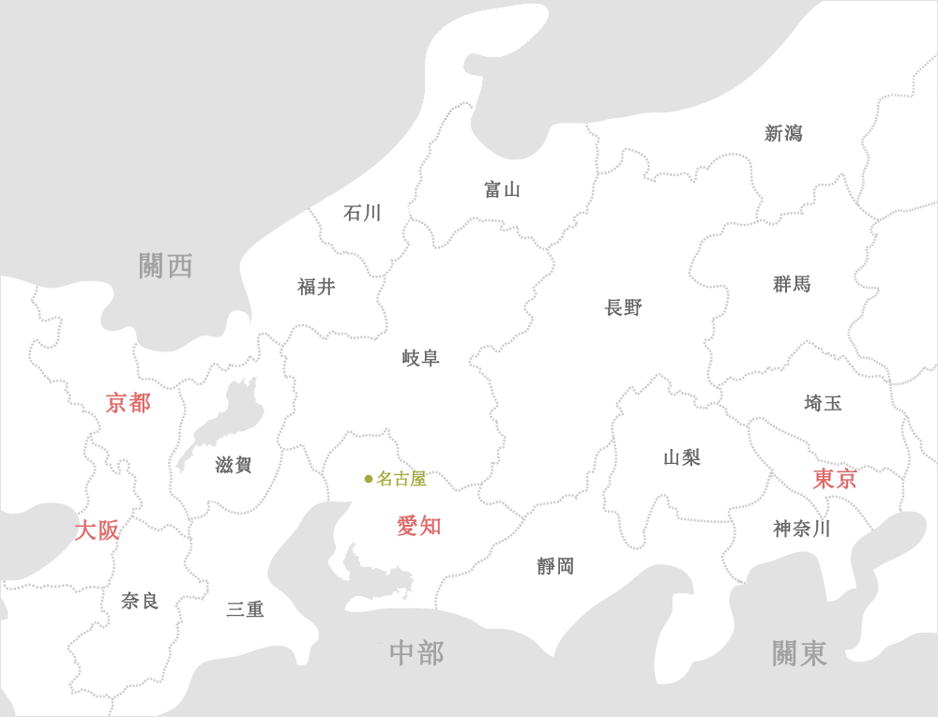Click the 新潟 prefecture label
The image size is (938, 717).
click(783, 134)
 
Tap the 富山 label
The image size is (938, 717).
click(502, 190)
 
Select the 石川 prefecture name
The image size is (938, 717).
click(362, 214)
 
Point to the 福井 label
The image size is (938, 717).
click(316, 288)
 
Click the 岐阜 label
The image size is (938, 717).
click(420, 358)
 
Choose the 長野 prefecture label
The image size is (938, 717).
click(624, 307)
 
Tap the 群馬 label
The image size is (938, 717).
click(792, 284)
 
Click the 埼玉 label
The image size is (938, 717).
click(823, 403)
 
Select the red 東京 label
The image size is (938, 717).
click(834, 479)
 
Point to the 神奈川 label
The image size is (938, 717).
click(802, 529)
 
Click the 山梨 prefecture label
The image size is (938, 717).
click(682, 457)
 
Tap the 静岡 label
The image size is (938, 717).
click(555, 566)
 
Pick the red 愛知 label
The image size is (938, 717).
click(418, 526)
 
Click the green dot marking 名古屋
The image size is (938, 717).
click(369, 479)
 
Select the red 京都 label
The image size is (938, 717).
click(129, 403)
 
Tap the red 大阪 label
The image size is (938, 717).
click(97, 530)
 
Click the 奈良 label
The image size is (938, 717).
click(140, 601)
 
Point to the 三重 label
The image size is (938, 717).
click(245, 610)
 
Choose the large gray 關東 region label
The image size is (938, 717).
click(799, 653)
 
